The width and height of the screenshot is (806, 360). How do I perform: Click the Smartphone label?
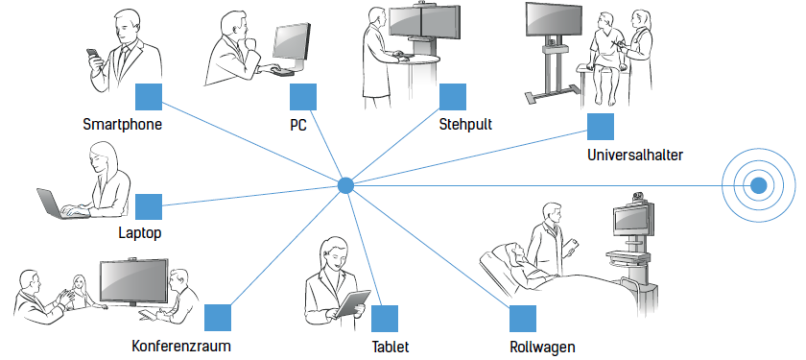coord(123,125)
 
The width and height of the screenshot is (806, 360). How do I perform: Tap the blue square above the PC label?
coord(303,97)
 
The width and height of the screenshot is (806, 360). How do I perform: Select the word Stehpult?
coord(465,125)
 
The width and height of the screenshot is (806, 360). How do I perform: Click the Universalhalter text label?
coord(635,155)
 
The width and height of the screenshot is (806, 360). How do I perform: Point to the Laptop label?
coord(140,233)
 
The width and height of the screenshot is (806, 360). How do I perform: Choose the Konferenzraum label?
coord(181,346)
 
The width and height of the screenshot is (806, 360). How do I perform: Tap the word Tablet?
coord(391,347)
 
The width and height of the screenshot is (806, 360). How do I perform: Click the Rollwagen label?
coord(542,347)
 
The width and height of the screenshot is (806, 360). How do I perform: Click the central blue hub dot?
coord(345,185)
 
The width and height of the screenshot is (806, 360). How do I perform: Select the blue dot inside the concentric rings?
coord(758,185)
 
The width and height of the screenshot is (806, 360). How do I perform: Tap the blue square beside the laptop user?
coord(149,207)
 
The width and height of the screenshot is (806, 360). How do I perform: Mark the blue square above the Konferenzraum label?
coord(218,318)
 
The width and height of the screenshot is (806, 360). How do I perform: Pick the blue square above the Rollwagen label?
coord(523,319)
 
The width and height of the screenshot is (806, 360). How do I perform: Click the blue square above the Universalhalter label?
coord(601,127)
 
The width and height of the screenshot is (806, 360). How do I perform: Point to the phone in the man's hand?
coord(92,54)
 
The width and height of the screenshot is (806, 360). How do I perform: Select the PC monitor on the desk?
coord(291,44)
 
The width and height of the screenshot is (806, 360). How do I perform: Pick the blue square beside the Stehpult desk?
coord(453,97)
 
